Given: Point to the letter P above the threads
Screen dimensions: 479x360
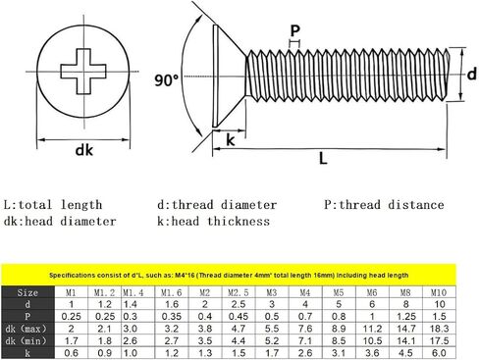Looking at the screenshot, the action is (x=295, y=30).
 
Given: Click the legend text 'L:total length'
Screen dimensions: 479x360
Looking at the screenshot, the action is (x=53, y=205).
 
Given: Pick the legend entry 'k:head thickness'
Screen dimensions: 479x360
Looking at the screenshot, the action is (x=213, y=222).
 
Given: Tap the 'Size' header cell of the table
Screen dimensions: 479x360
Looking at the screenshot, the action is (x=28, y=292).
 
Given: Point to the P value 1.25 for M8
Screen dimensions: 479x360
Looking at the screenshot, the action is (x=403, y=316).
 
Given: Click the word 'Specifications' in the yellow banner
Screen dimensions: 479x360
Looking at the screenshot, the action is (x=73, y=277).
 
